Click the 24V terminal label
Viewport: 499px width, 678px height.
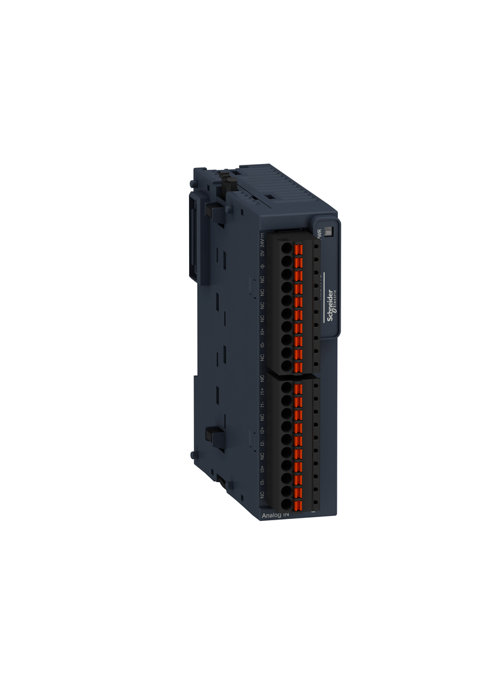pyautogui.click(x=262, y=242)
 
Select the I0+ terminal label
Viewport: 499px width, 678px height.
pyautogui.click(x=262, y=331)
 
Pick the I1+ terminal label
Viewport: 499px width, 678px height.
pyautogui.click(x=262, y=391)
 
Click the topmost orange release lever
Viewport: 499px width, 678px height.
pyautogui.click(x=298, y=247)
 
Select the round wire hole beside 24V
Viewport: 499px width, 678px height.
pyautogui.click(x=286, y=246)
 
